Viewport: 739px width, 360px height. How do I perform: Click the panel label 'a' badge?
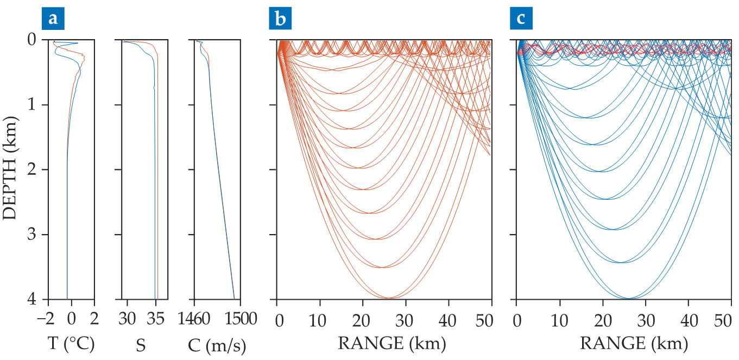tap(53, 19)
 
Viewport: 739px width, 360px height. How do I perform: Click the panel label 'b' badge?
tap(281, 19)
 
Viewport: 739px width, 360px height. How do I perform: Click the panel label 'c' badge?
tap(521, 19)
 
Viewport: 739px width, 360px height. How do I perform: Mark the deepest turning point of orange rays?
tap(389, 298)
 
